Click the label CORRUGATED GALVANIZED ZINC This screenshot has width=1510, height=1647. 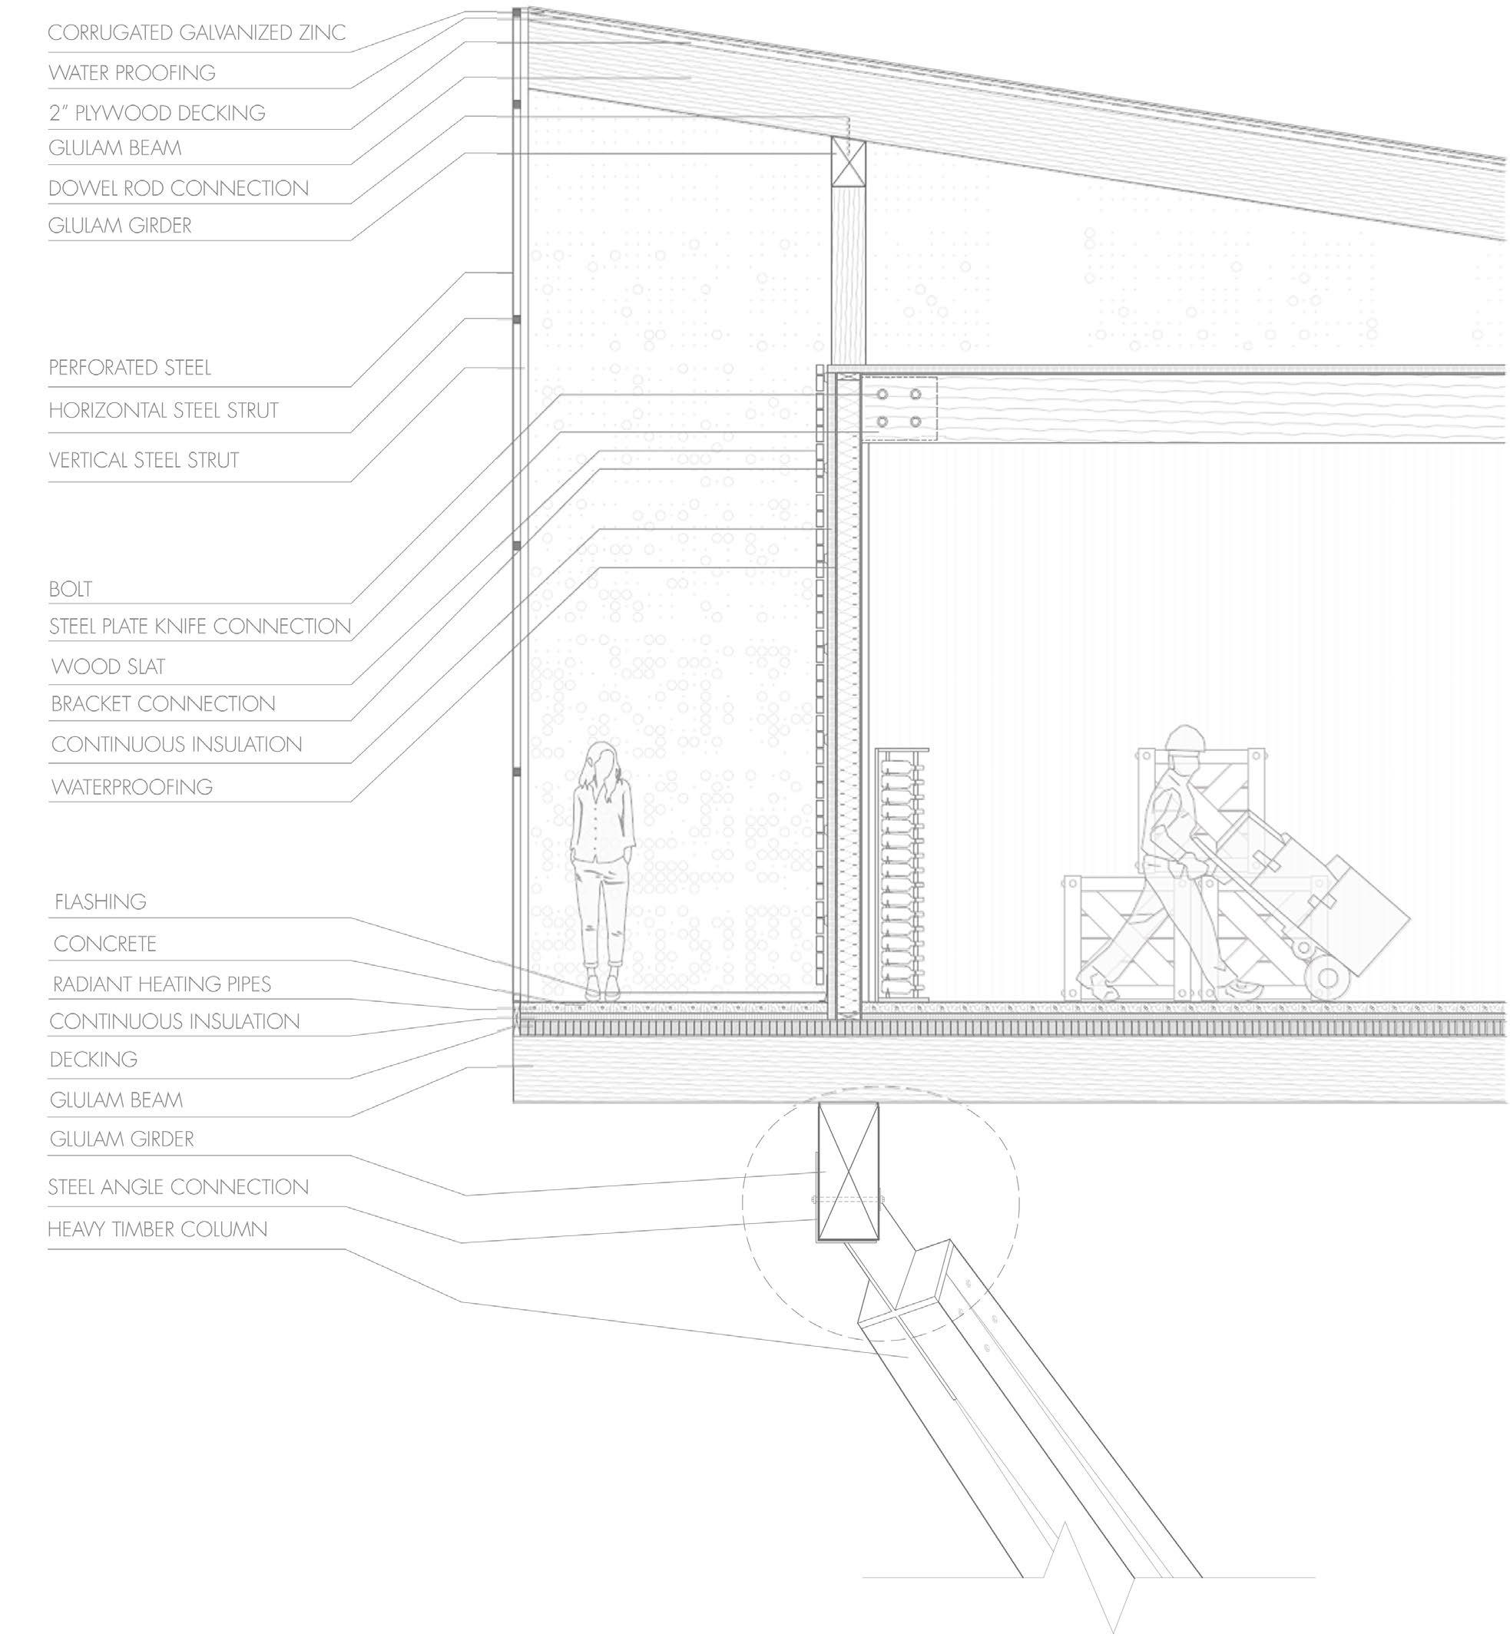pos(196,33)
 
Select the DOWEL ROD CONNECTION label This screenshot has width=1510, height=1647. pos(178,188)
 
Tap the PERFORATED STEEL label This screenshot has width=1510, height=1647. pos(130,368)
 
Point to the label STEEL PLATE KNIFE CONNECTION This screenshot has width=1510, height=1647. pos(200,627)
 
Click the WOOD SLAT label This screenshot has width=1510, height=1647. pos(108,666)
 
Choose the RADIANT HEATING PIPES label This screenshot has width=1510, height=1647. pos(162,984)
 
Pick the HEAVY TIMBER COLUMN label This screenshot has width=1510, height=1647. pos(157,1229)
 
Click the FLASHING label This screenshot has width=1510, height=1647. pos(101,902)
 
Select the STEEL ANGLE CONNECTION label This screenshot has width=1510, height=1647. pos(178,1186)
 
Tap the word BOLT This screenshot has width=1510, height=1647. pos(70,589)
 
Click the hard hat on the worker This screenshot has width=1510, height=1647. pos(1187,738)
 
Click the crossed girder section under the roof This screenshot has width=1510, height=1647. pos(848,163)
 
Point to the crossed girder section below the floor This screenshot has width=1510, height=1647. pos(848,1171)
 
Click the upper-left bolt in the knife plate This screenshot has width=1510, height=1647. pos(882,395)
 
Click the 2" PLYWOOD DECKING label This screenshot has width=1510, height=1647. pos(157,113)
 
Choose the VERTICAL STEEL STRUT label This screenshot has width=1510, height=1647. pos(144,460)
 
